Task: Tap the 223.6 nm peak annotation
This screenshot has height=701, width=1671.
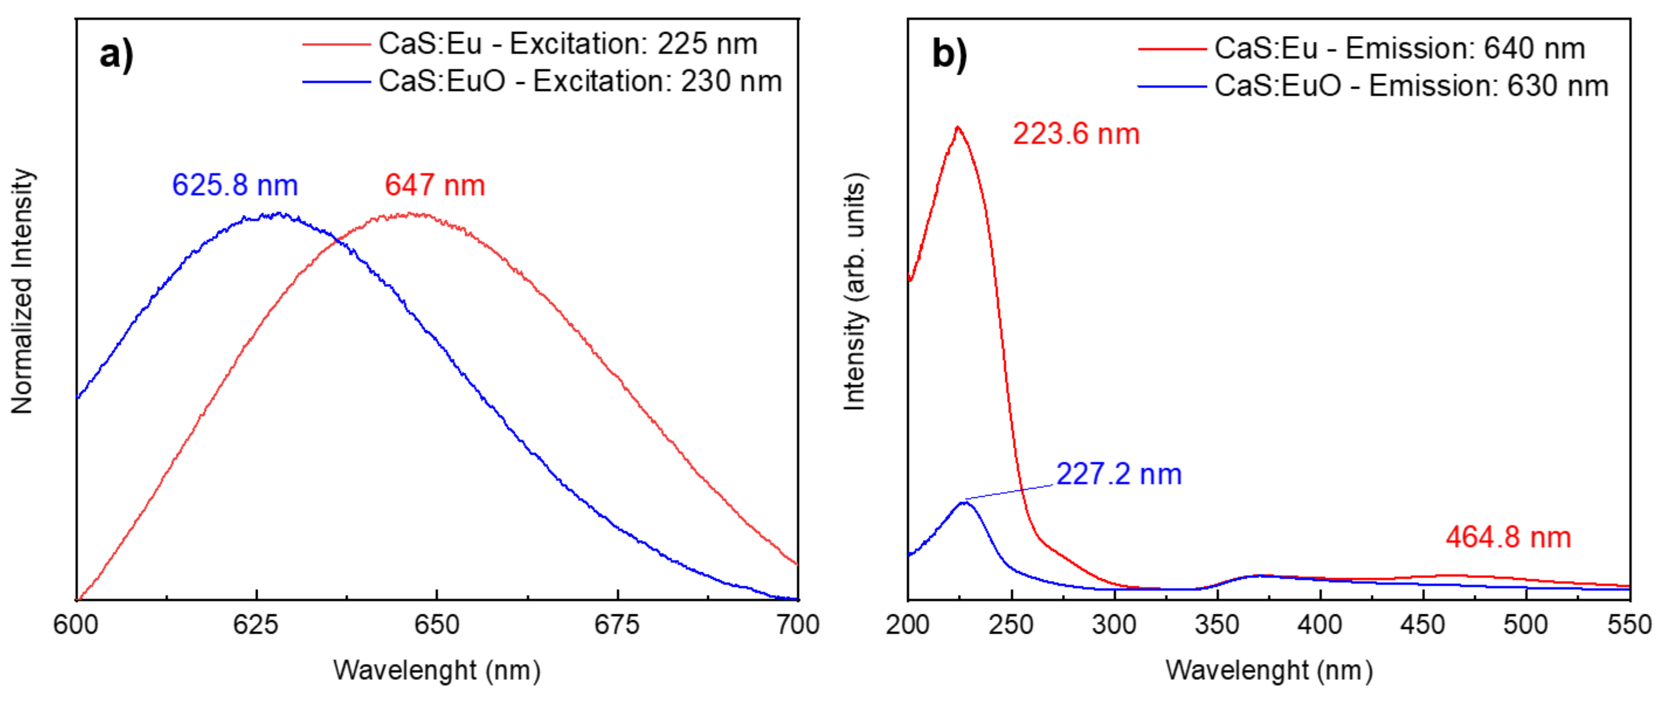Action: coord(1076,134)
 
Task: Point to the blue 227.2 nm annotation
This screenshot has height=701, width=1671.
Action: coord(1119,474)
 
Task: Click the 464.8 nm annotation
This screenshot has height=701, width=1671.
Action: coord(1508,538)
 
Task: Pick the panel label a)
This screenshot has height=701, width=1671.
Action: coord(117,54)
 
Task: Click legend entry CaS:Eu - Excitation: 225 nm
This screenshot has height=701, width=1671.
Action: coord(568,44)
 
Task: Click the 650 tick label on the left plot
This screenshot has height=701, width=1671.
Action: coord(437,625)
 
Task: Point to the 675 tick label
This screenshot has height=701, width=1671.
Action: coord(617,625)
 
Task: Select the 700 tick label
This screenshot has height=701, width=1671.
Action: coord(797,625)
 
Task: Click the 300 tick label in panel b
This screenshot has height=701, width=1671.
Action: coord(1114,625)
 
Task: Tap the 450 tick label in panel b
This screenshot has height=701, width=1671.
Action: coord(1423,625)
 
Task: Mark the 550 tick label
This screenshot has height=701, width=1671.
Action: coord(1629,625)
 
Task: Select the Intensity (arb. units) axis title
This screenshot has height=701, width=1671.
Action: coord(854,292)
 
